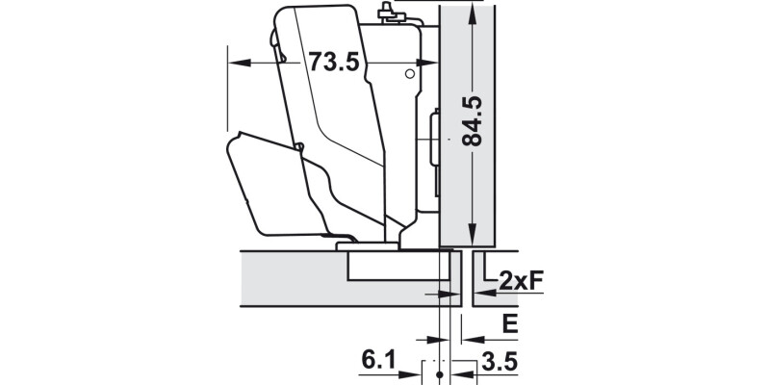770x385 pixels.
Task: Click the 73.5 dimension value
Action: coord(333,63)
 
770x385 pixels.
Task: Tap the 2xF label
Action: coord(522,280)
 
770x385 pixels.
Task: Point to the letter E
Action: coord(510,323)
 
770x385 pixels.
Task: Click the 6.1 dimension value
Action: coord(380,360)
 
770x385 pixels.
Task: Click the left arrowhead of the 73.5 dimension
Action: coord(236,63)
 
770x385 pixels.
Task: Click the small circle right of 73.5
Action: coord(409,73)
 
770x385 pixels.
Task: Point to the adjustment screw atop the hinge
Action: coord(388,11)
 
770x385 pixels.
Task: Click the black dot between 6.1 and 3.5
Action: coord(439,371)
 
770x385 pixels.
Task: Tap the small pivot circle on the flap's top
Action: coord(299,147)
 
